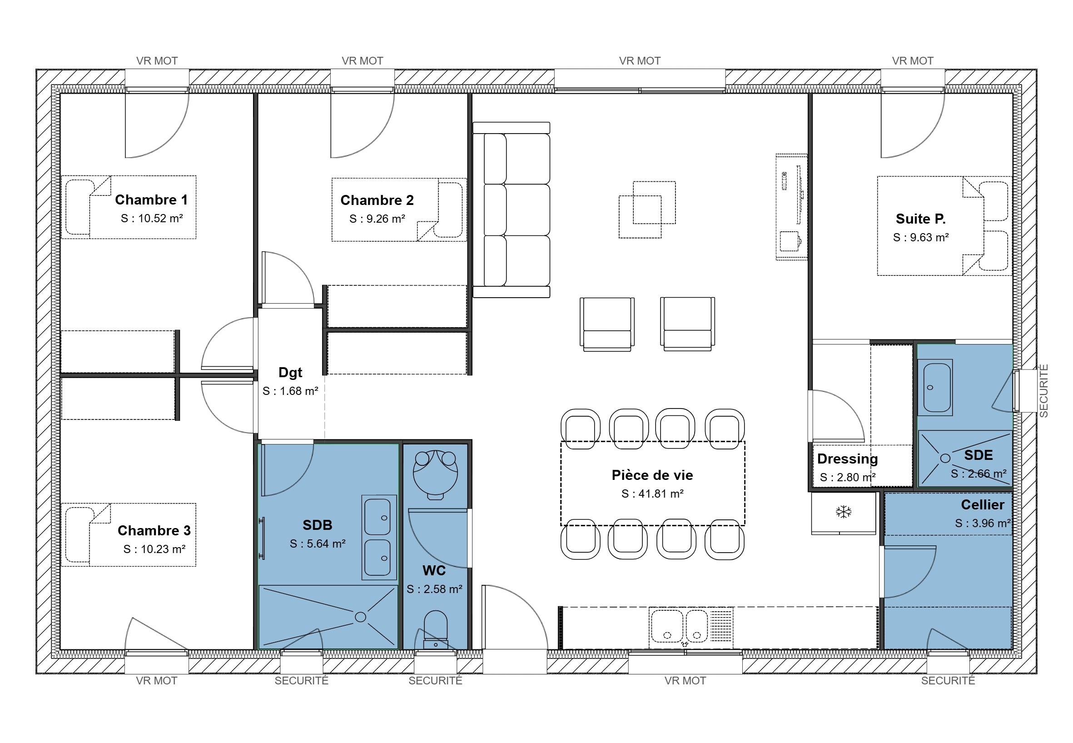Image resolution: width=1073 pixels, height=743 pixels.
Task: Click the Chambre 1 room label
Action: pos(151,199)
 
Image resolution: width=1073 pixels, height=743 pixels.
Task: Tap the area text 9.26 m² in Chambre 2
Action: pos(378,219)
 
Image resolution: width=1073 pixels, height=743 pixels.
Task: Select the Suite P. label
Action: pos(920,219)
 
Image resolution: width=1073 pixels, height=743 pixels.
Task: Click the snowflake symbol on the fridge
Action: pos(844,512)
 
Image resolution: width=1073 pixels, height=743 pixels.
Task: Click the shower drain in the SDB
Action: pos(360,617)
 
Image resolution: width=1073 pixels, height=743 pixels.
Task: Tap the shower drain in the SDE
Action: pos(945,458)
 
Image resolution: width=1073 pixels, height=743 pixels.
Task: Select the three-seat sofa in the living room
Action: pos(512,209)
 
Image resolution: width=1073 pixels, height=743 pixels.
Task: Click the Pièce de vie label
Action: pos(652,475)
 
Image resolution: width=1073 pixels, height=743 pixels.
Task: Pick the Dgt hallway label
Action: pos(290,373)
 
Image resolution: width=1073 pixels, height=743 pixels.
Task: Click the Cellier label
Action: pos(982,504)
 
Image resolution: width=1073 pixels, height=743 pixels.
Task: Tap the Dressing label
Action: pos(847,459)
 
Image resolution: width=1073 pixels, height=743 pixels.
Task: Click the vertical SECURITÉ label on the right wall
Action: pos(1044,391)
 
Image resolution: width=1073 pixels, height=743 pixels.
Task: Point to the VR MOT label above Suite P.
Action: pos(913,61)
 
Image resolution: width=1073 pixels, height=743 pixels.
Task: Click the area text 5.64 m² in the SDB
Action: pos(318,544)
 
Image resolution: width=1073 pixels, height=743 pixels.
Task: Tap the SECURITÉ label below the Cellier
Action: pos(948,681)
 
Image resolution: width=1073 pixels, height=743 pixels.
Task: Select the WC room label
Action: pos(434,571)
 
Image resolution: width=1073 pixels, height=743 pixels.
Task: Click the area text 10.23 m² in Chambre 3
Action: pos(154,549)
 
